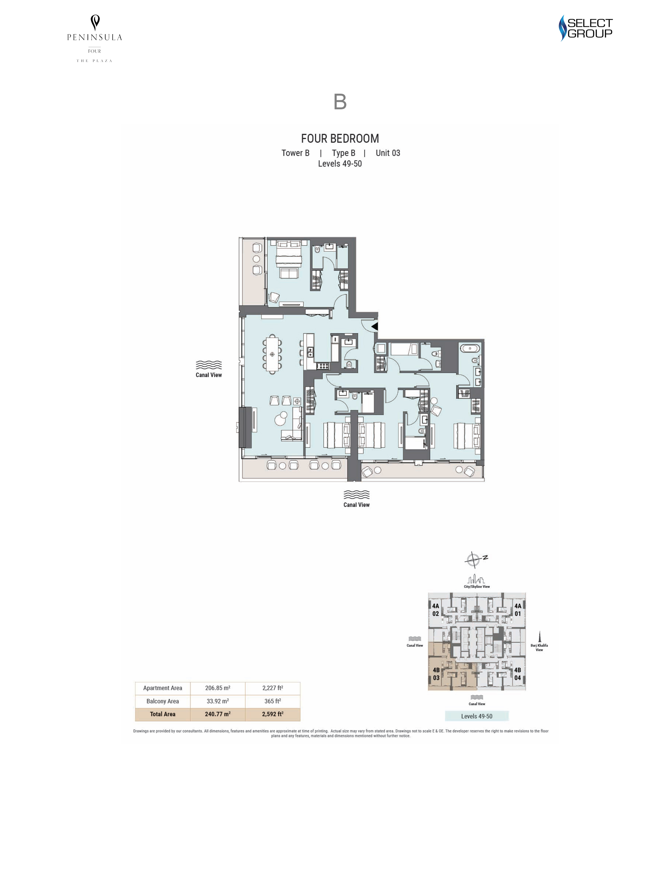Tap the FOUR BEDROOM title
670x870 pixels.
340,139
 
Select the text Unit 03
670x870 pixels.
388,153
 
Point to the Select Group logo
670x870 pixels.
585,28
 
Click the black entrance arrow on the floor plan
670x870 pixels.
375,327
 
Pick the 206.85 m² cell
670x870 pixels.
218,688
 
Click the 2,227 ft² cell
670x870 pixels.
273,688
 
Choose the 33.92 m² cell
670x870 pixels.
218,701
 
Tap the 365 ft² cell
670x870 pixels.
273,701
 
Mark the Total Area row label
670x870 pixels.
163,714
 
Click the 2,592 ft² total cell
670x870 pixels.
273,714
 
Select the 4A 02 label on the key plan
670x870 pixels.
435,610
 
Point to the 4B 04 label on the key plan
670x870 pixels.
518,674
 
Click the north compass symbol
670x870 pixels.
475,559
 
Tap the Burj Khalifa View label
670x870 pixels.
539,647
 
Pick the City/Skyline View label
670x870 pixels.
476,586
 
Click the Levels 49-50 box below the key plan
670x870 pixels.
476,716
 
